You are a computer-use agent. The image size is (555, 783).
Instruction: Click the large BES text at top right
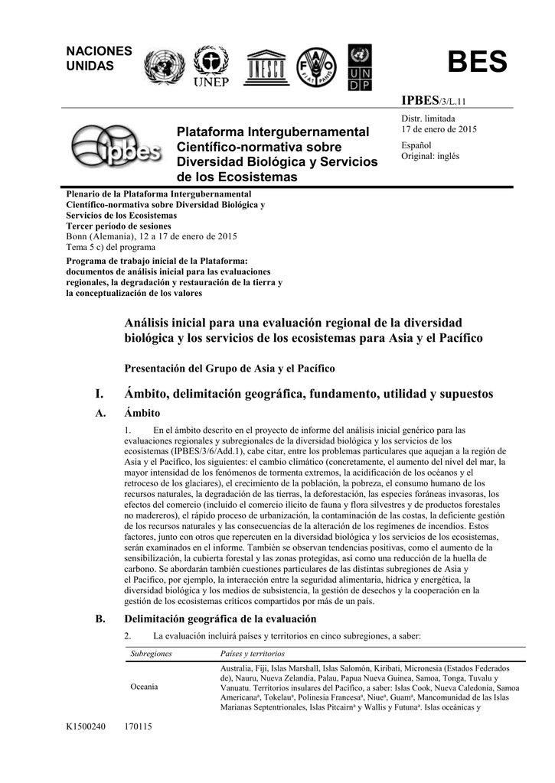tap(477, 63)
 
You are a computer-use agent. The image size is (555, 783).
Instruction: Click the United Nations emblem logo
tap(164, 67)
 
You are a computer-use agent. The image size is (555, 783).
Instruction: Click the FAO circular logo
tap(315, 67)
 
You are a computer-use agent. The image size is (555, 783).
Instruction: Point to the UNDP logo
tap(359, 67)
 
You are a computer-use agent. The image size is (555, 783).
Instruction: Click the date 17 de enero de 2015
tap(439, 129)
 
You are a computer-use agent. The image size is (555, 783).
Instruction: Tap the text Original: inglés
tap(430, 156)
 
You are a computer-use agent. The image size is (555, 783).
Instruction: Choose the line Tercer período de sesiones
tap(119, 226)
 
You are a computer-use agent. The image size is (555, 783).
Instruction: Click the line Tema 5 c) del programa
tap(110, 247)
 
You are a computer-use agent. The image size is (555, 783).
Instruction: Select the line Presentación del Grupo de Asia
tap(230, 369)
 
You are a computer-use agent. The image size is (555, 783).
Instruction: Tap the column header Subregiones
tap(151, 654)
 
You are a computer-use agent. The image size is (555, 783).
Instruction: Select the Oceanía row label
tap(145, 687)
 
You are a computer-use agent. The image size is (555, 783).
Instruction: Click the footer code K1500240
tap(88, 727)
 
